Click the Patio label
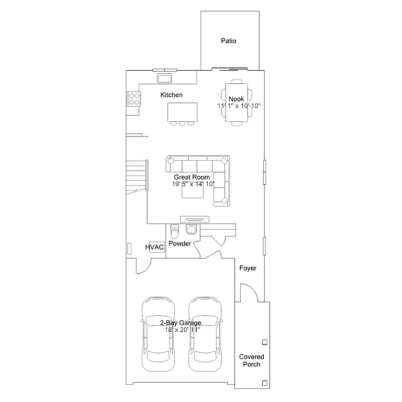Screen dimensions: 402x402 click(228, 40)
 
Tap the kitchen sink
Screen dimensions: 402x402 click(165, 78)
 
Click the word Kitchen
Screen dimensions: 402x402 click(171, 95)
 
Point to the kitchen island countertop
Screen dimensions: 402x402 click(183, 111)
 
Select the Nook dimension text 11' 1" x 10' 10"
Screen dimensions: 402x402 click(239, 106)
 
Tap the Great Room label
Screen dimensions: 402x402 click(192, 177)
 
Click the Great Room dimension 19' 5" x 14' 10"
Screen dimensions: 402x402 click(193, 184)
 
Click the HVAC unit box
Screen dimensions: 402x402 click(155, 247)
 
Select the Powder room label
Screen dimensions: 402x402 click(180, 243)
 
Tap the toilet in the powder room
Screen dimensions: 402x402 click(175, 230)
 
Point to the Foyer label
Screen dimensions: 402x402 click(248, 268)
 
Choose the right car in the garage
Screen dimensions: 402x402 click(205, 334)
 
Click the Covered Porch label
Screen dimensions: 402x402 click(251, 361)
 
